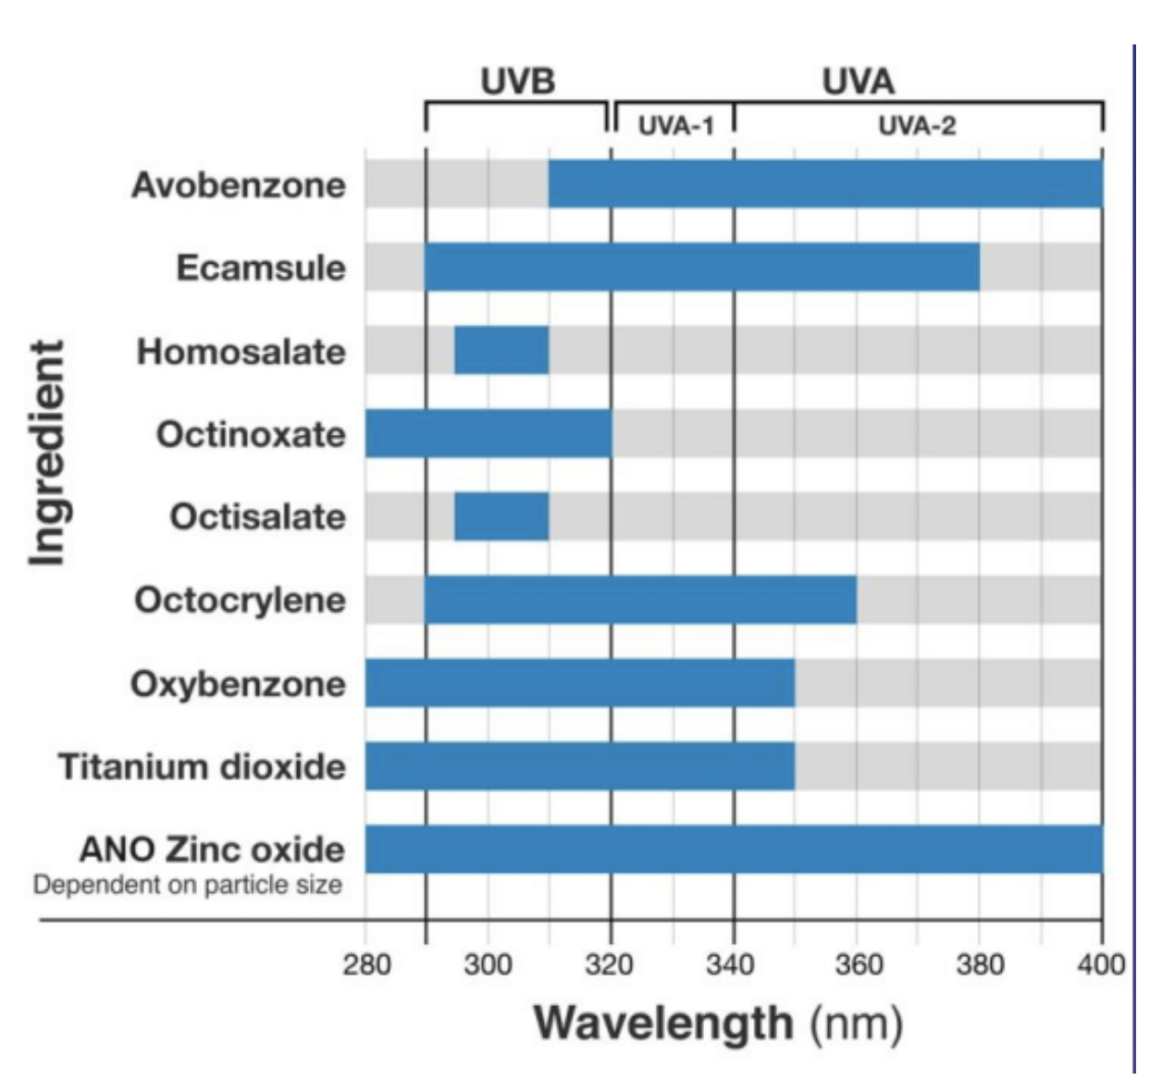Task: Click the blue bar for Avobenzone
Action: [x=825, y=184]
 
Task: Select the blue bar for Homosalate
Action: [x=501, y=351]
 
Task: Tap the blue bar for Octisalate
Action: [x=501, y=516]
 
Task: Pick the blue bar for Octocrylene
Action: [x=640, y=600]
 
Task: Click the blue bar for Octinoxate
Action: [x=488, y=433]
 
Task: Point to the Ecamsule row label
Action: [x=261, y=268]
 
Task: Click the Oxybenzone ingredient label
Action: [x=238, y=684]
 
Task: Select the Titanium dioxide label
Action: [x=202, y=767]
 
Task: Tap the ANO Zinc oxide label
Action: [x=212, y=849]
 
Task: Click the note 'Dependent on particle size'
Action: [x=188, y=886]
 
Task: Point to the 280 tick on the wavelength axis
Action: [x=366, y=965]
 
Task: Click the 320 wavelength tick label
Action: [x=610, y=965]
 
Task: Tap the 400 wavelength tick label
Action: [x=1101, y=965]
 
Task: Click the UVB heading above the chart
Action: [x=518, y=81]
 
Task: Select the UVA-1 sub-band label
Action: [x=676, y=125]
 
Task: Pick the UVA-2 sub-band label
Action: [x=917, y=125]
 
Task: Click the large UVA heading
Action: [x=859, y=81]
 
